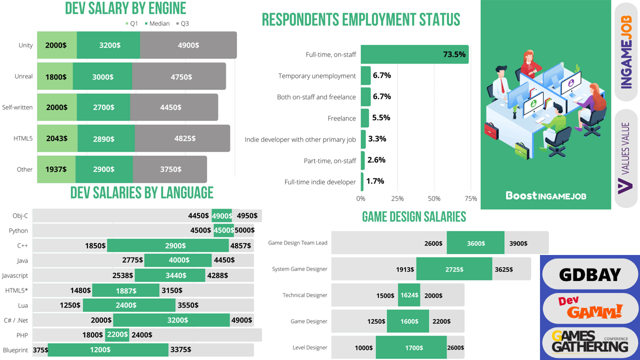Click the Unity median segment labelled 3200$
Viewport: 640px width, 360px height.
[x=108, y=45]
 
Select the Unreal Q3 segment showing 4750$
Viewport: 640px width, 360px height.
[x=179, y=76]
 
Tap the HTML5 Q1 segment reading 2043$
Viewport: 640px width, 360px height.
[x=57, y=138]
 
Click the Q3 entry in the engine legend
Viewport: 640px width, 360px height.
[x=182, y=23]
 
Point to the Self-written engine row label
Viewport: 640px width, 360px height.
[x=17, y=107]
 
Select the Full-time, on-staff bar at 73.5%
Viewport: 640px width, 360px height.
[x=414, y=54]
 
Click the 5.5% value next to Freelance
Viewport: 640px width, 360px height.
[x=381, y=117]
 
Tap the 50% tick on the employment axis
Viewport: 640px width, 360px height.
[x=434, y=198]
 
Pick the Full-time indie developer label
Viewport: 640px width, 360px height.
[x=320, y=182]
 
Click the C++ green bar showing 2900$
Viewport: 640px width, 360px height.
[x=168, y=245]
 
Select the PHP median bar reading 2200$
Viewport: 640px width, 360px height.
[x=117, y=335]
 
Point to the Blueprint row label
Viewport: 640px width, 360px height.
[x=15, y=350]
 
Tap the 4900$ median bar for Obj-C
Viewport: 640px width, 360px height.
[x=221, y=215]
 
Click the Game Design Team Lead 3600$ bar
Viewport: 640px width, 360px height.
[x=475, y=242]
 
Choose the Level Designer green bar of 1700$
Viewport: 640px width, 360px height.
[x=411, y=347]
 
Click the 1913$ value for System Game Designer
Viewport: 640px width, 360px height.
[x=405, y=269]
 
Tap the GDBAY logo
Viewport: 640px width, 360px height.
[x=590, y=274]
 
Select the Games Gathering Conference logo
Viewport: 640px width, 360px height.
[x=590, y=342]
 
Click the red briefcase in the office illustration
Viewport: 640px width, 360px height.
[x=491, y=131]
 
